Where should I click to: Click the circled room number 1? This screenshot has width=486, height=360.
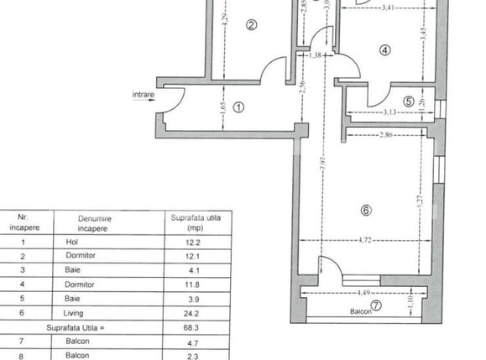(x=238, y=107)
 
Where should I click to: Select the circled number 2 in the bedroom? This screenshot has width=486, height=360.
(x=250, y=25)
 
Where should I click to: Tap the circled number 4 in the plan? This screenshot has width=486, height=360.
(x=385, y=50)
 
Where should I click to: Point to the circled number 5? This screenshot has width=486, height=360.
(x=409, y=102)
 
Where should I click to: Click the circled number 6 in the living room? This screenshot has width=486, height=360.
(x=365, y=211)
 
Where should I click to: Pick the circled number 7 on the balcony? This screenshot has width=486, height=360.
(x=376, y=305)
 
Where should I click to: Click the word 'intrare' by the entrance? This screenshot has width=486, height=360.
(x=144, y=96)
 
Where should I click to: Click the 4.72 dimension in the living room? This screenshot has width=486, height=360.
(x=365, y=240)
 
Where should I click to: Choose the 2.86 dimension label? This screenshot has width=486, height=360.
(x=387, y=134)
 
